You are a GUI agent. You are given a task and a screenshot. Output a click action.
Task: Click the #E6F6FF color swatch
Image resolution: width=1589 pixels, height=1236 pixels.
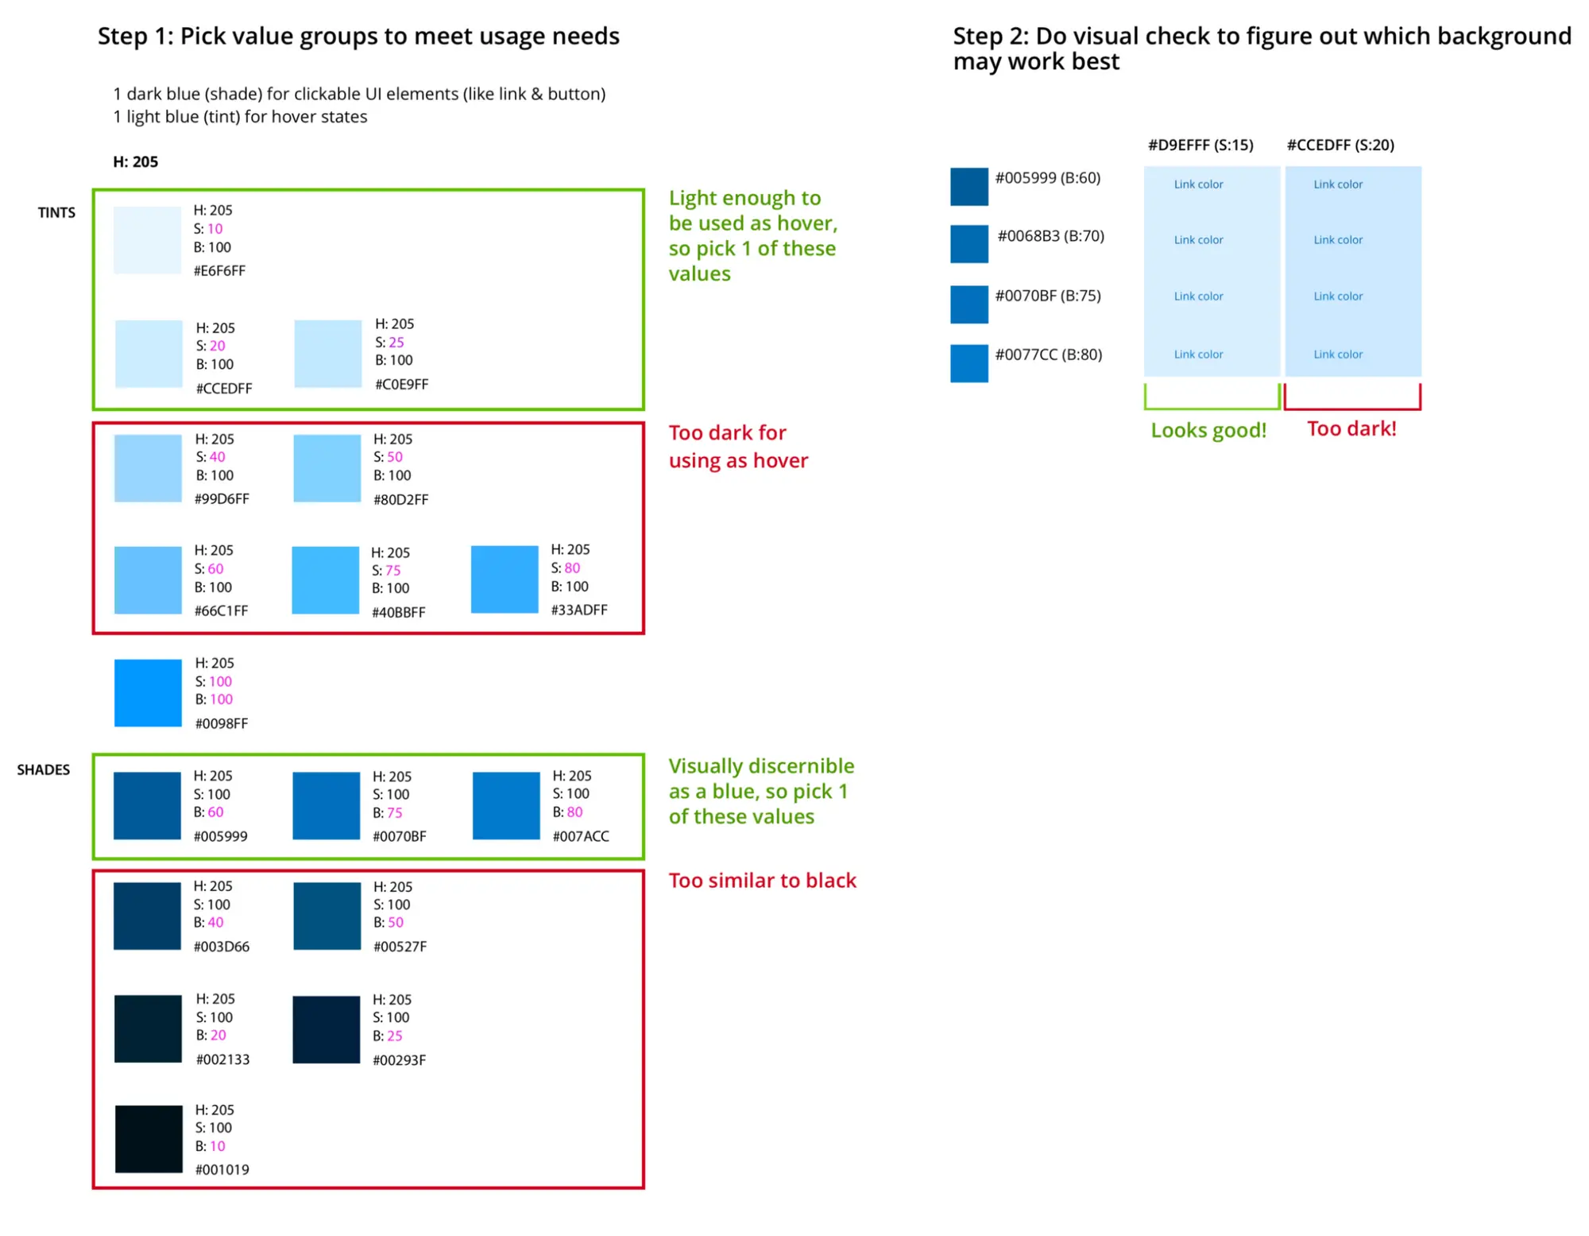point(147,239)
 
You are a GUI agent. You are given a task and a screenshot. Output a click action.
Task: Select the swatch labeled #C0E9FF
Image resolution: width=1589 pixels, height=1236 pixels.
point(327,354)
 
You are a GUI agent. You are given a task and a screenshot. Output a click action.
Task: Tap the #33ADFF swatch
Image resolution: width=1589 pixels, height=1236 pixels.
point(505,579)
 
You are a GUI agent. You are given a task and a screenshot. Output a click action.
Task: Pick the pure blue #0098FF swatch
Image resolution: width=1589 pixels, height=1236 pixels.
point(148,692)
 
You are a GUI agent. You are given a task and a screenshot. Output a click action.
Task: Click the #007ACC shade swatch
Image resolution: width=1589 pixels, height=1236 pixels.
point(506,805)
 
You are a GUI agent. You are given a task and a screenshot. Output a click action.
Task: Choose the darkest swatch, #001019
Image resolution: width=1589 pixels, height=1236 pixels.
point(149,1138)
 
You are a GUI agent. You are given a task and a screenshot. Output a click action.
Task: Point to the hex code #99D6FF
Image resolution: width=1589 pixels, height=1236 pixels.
point(222,499)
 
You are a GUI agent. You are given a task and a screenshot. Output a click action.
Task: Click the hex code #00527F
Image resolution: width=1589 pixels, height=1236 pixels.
point(400,947)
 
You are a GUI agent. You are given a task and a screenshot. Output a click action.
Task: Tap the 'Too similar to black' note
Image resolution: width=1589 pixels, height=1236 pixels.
point(762,881)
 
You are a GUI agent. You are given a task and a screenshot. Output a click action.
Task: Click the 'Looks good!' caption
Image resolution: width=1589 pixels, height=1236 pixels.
point(1208,430)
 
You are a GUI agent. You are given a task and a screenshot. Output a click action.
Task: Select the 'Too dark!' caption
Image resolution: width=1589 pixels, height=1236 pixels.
point(1351,428)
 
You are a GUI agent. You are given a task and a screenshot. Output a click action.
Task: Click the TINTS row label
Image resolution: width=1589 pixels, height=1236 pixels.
point(56,212)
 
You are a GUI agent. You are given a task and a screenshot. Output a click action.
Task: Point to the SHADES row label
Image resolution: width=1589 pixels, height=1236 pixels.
point(44,769)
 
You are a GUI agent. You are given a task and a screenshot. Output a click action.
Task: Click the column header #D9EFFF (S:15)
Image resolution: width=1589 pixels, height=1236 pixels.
point(1200,145)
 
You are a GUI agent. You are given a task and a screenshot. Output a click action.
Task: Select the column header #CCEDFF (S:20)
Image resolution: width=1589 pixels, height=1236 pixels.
point(1340,145)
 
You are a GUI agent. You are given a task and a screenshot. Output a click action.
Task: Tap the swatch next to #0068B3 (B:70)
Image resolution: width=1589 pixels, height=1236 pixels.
point(969,244)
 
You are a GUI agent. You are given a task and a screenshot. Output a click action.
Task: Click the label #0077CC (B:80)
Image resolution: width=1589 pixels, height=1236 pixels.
point(1049,355)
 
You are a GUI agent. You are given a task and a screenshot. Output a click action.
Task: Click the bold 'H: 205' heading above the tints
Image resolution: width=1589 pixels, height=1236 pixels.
point(135,161)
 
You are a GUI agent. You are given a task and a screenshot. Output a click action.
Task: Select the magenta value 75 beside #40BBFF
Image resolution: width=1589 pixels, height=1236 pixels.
point(393,571)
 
